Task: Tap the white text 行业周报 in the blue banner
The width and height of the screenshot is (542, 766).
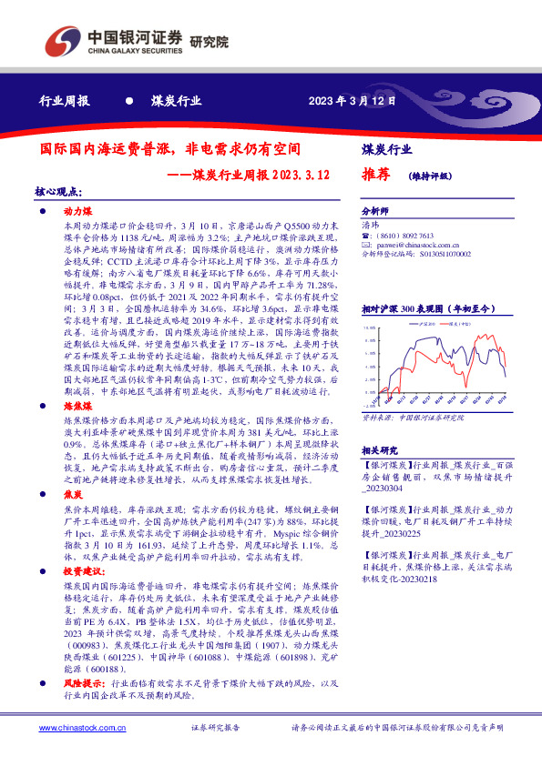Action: [x=65, y=101]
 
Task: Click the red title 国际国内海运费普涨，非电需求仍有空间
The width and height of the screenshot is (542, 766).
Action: [x=170, y=146]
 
